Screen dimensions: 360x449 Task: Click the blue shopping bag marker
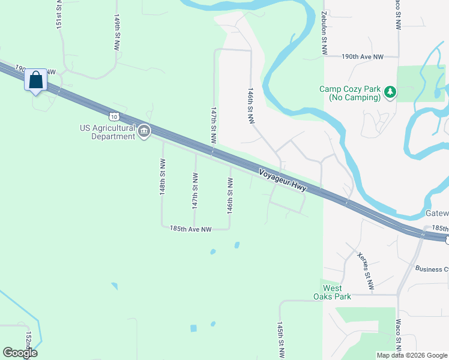[x=35, y=80]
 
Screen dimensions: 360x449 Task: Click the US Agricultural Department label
[x=108, y=132]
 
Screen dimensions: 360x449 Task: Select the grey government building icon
[x=144, y=132]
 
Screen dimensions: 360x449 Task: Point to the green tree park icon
[x=391, y=92]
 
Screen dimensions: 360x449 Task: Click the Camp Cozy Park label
[x=350, y=92]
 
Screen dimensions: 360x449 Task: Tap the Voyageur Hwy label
[x=283, y=180]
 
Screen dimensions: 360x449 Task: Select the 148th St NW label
[x=163, y=176]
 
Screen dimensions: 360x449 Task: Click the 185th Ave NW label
[x=190, y=229]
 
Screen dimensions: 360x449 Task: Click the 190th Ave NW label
[x=362, y=56]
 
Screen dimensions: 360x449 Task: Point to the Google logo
[x=20, y=353]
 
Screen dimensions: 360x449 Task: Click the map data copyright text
[x=411, y=355]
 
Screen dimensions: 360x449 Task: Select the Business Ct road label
[x=432, y=269]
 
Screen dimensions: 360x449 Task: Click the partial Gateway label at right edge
[x=437, y=214]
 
